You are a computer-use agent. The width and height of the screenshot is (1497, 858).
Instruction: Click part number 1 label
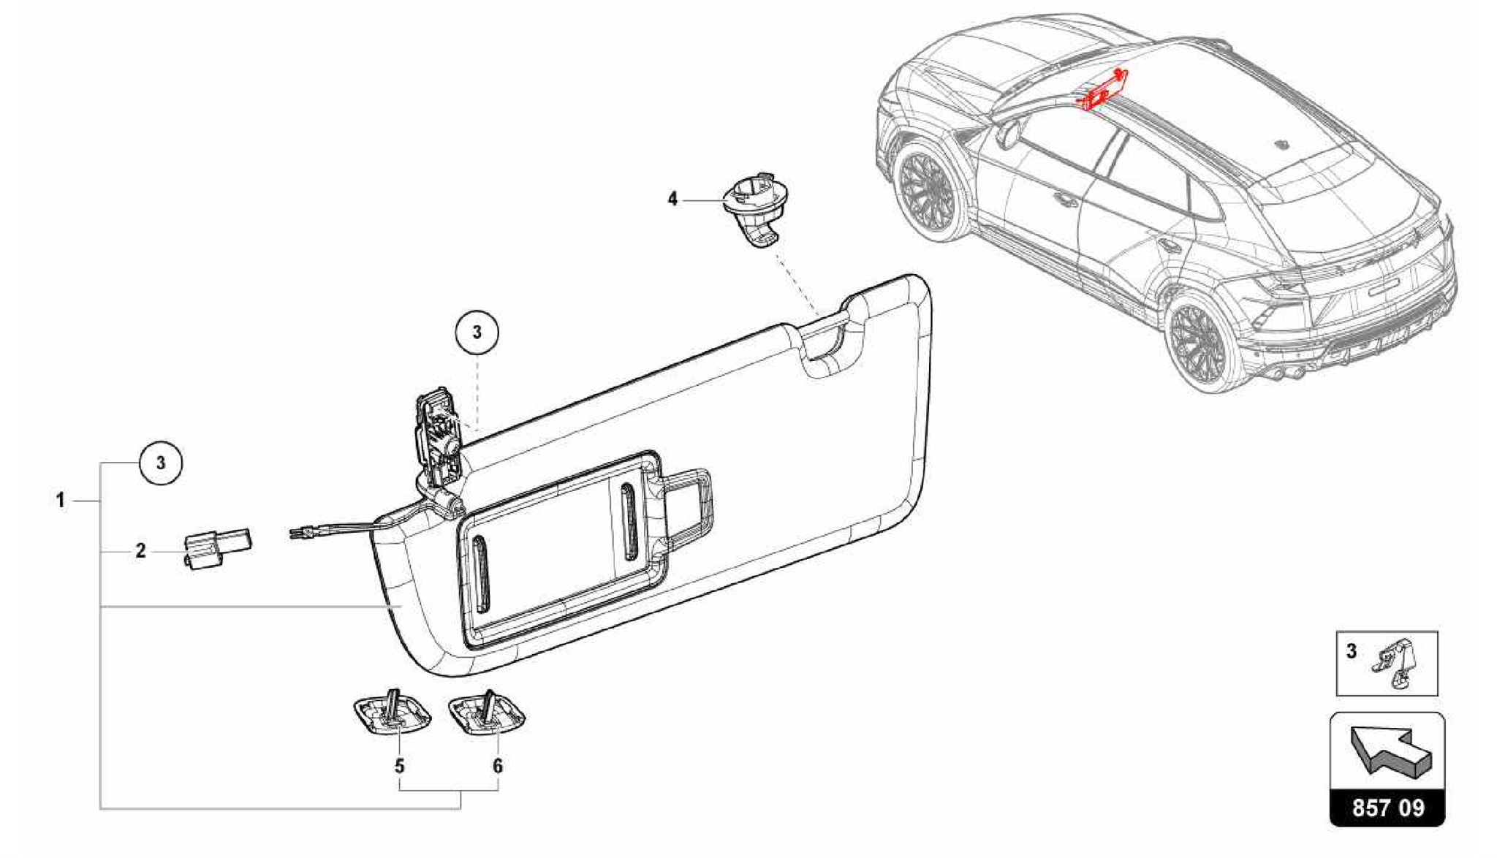tap(61, 501)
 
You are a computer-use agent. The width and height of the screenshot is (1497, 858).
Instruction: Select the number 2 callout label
tap(140, 550)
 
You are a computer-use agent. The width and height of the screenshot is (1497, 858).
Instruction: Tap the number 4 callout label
tap(672, 199)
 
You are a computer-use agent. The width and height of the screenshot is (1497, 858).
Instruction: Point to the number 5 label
tap(399, 766)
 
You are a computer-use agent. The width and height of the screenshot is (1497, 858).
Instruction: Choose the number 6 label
tap(498, 766)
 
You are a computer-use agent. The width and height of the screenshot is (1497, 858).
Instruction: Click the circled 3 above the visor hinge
tap(477, 333)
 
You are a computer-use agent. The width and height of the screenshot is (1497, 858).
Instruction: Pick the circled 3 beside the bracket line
tap(161, 463)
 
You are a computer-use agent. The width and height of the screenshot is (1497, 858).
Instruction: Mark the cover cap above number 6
tap(488, 713)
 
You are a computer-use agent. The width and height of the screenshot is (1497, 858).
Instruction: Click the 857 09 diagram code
tap(1387, 808)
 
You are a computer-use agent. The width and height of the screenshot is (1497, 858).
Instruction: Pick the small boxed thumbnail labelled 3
tap(1387, 663)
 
